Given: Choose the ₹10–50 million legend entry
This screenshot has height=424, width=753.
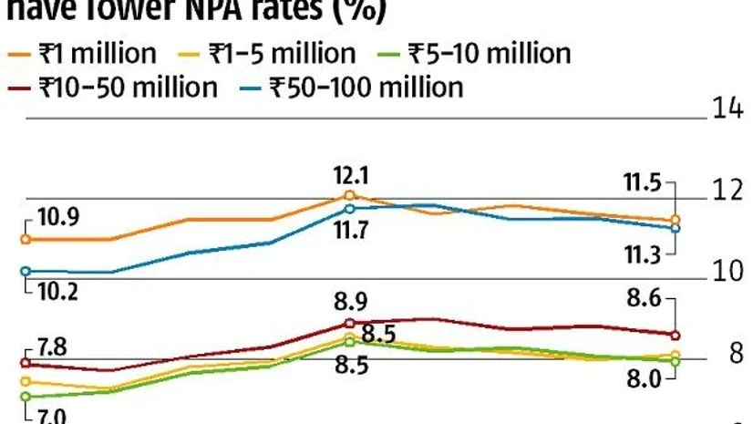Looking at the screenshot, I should pyautogui.click(x=115, y=88).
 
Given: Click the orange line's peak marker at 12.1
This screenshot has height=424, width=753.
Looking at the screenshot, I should pyautogui.click(x=350, y=195).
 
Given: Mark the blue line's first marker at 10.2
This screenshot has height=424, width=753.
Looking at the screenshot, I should pyautogui.click(x=26, y=271).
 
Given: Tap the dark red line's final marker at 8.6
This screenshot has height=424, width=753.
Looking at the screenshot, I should pyautogui.click(x=675, y=335).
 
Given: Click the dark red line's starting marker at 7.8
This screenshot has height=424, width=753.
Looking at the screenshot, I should pyautogui.click(x=26, y=363).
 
